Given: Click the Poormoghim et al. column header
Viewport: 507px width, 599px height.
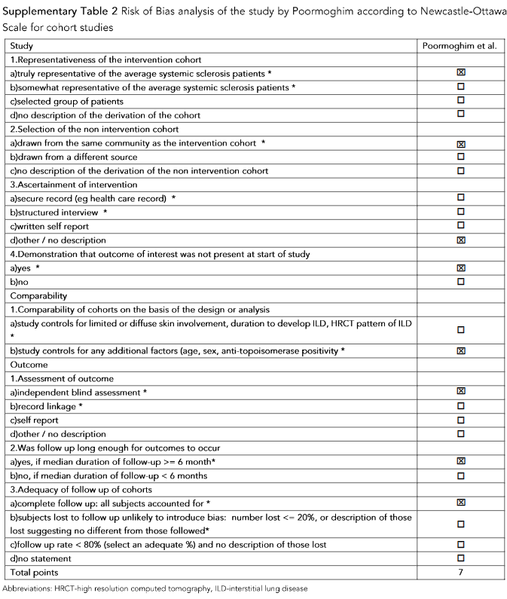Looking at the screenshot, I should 460,46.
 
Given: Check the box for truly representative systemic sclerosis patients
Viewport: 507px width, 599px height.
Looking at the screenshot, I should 460,73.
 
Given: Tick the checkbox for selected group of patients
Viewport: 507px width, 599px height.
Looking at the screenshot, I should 460,101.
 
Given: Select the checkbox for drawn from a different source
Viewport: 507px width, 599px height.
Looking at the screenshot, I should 460,157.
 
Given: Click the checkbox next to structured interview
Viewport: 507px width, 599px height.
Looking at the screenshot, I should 460,212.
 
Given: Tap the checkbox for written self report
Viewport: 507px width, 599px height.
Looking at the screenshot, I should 460,226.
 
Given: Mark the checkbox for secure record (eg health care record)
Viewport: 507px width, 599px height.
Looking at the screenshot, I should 460,198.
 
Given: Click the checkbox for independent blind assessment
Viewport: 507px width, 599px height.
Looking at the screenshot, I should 460,392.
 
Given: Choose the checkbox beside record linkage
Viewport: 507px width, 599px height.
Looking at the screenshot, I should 460,406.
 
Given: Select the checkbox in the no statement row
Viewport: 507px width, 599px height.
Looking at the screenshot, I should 460,558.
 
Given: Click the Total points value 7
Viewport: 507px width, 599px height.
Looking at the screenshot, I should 460,573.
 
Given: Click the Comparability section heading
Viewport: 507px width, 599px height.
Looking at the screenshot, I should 40,296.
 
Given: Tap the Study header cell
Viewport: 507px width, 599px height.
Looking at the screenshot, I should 22,46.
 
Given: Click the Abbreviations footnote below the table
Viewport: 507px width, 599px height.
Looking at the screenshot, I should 155,588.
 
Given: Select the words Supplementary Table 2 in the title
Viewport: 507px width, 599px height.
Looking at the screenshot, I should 57,11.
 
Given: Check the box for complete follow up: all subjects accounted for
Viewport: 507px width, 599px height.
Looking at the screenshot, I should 460,503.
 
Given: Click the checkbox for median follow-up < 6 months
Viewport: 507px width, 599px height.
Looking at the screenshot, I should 460,475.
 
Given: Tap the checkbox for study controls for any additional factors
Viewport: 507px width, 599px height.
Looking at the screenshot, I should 460,350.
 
